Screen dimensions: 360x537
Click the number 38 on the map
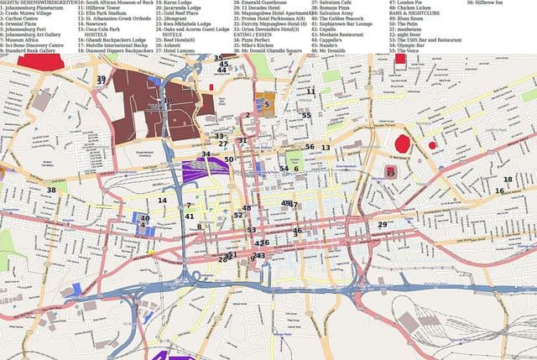point(51,190)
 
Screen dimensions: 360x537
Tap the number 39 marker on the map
point(102,79)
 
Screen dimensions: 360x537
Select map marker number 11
point(310,91)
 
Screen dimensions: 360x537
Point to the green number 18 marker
point(508,180)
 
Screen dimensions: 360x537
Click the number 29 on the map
point(382,225)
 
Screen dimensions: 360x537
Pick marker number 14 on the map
point(163,201)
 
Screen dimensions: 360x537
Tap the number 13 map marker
point(326,148)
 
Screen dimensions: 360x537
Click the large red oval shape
point(402,143)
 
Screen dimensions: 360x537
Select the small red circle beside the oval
point(432,145)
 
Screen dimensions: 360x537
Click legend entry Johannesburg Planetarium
point(39,10)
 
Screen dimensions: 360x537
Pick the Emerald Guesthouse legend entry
point(261,3)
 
